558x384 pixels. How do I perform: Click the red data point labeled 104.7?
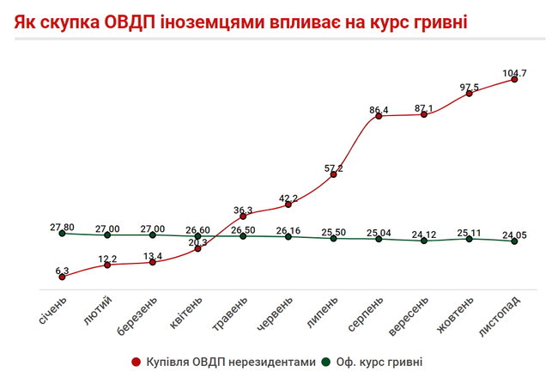click(x=514, y=80)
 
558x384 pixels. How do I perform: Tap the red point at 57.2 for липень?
click(x=333, y=176)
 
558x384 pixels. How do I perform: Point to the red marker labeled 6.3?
click(x=62, y=277)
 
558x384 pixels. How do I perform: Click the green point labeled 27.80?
click(x=62, y=234)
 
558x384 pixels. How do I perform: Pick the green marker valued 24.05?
click(x=514, y=241)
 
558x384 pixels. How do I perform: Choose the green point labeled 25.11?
click(x=469, y=239)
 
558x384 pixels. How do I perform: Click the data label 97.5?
click(x=469, y=87)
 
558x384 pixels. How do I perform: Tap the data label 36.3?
click(x=243, y=210)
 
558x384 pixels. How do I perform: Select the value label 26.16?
click(x=288, y=230)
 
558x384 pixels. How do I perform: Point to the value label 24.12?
click(x=424, y=234)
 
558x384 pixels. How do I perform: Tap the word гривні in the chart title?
click(x=437, y=19)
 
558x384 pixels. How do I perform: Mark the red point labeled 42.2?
click(x=288, y=204)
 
